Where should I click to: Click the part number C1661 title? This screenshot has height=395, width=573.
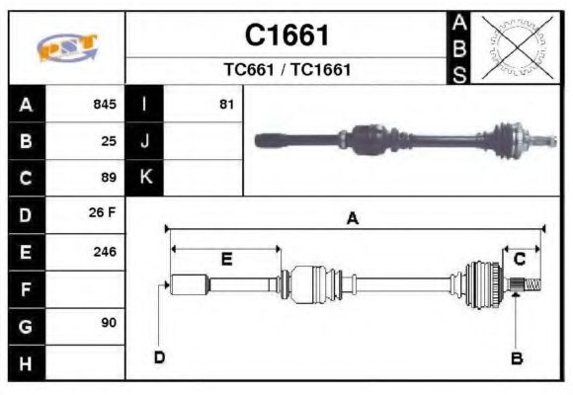[286, 36]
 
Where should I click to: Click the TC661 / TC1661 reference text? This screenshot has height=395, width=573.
[286, 71]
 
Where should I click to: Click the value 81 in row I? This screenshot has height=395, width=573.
[226, 104]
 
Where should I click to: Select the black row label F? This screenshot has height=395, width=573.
[27, 288]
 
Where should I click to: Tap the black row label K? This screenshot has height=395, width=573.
[145, 178]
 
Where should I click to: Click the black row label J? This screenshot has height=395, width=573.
[145, 140]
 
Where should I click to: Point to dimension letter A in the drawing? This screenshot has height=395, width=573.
[352, 219]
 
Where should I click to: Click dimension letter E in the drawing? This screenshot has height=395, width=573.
[226, 259]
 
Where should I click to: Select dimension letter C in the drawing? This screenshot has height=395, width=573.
[519, 259]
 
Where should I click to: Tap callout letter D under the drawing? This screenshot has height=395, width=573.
[159, 357]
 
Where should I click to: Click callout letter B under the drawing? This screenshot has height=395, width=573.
[516, 357]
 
